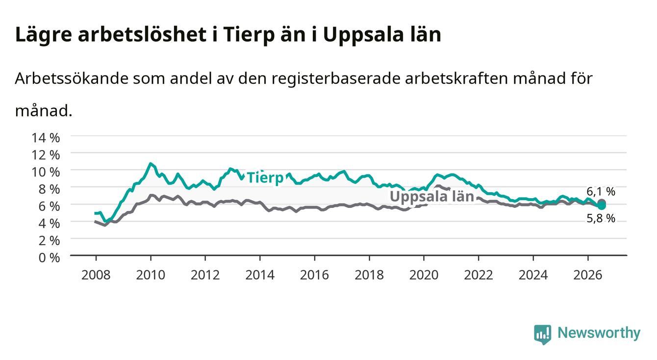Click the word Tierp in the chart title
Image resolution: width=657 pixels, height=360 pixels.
coord(249,35)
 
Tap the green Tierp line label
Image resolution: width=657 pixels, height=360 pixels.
coord(265,178)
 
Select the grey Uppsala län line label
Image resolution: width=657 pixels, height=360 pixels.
coord(432,196)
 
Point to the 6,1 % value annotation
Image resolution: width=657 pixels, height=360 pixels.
coord(601,192)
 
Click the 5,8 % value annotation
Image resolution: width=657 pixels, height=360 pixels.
coord(601,218)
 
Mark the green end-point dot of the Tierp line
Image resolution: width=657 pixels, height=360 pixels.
coord(602,206)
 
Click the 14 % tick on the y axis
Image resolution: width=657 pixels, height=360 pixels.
coord(46,138)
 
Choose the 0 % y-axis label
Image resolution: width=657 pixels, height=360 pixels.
coord(49,258)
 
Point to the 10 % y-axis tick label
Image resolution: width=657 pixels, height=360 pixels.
coord(46,172)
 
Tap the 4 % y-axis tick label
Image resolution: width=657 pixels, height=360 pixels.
coord(49,224)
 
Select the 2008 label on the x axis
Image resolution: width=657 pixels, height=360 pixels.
coord(96,275)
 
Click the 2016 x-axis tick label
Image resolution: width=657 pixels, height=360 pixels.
coord(314,275)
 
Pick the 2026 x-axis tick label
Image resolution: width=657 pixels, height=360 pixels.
coord(588,275)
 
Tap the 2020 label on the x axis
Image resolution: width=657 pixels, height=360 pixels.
coord(424,275)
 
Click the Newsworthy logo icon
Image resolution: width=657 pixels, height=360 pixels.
coord(543,334)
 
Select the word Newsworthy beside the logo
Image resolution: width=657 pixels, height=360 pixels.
coord(599,333)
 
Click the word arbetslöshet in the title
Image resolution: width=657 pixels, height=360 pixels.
coord(142,35)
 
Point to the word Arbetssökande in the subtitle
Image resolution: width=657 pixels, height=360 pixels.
coord(72,78)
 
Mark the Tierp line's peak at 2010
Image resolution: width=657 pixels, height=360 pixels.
coord(151,164)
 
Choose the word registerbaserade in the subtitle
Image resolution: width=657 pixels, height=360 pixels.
coord(336,78)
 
